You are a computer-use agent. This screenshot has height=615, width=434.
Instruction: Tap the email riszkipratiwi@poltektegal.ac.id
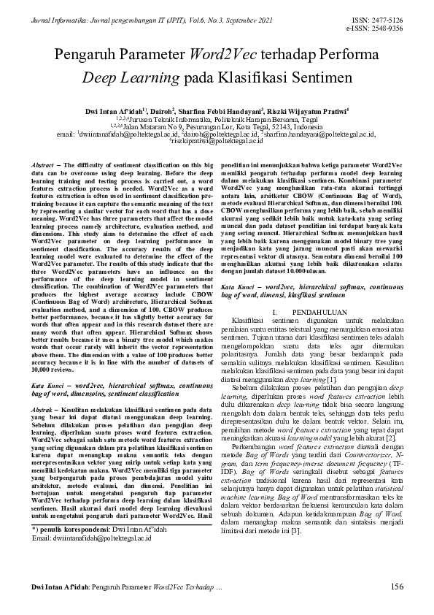coord(216,141)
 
